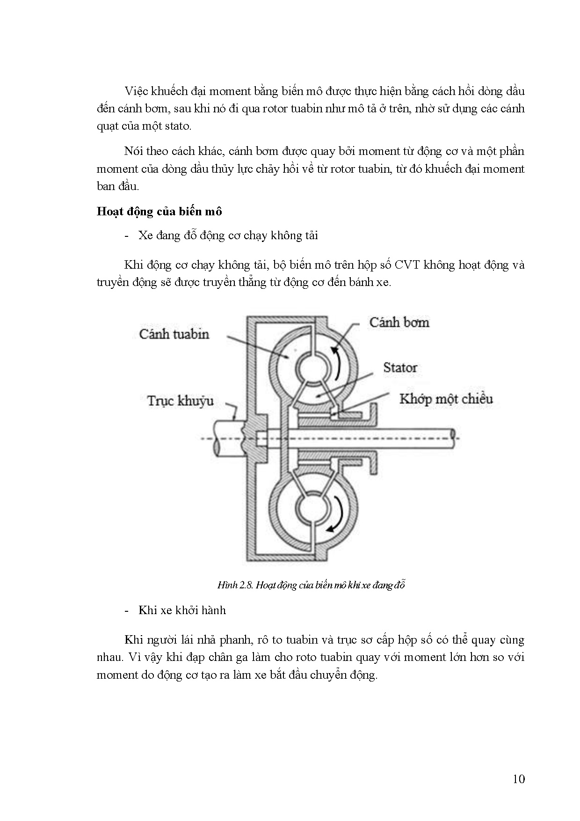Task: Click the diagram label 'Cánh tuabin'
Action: (x=174, y=334)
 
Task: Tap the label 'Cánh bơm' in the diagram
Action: (x=399, y=323)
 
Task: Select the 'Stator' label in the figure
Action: (x=400, y=367)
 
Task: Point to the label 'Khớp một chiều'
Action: (x=446, y=399)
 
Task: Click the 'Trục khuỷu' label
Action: (x=181, y=401)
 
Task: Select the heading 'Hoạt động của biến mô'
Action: (x=159, y=212)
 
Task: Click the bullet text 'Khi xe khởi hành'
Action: (x=182, y=610)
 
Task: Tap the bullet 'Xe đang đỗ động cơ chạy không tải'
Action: (x=228, y=235)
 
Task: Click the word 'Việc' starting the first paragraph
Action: (x=136, y=91)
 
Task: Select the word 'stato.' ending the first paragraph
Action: (x=178, y=126)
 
